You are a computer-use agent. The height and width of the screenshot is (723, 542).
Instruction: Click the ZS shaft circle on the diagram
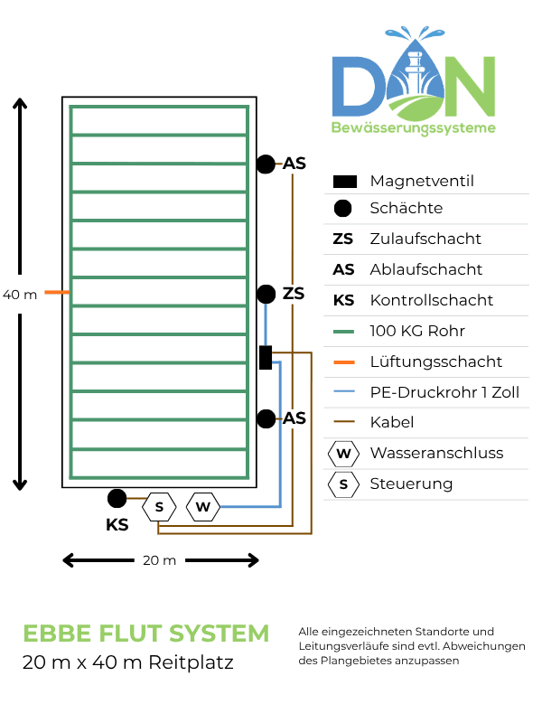[x=266, y=295]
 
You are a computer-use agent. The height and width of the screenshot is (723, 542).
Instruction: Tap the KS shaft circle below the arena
[x=117, y=499]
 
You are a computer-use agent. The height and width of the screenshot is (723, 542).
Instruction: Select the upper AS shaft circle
[x=266, y=164]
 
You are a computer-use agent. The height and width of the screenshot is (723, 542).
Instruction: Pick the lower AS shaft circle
[x=266, y=418]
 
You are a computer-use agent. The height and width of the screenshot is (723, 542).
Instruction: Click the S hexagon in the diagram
[x=159, y=507]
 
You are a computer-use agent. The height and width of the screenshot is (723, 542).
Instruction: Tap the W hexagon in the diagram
[x=202, y=507]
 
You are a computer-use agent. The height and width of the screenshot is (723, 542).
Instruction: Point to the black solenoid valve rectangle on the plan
[x=266, y=357]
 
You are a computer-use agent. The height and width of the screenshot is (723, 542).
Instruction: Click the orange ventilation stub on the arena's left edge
[x=57, y=292]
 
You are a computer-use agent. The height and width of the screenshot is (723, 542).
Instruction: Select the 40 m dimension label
[x=20, y=295]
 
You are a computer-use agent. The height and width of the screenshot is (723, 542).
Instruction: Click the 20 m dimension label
[x=160, y=560]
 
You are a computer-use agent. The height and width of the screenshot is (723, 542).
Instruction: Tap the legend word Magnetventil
[x=422, y=182]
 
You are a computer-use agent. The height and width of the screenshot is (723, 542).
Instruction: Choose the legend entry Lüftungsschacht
[x=436, y=362]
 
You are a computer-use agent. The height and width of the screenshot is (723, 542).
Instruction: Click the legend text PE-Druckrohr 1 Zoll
[x=444, y=392]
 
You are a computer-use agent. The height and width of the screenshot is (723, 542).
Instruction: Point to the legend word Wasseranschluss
[x=436, y=454]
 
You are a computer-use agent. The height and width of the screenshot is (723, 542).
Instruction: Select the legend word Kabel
[x=392, y=422]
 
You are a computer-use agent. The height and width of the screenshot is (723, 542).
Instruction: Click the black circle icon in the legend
[x=342, y=209]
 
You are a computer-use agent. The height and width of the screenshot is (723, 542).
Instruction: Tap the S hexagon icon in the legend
[x=343, y=484]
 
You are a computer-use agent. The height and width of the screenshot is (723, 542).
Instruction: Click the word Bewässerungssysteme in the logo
[x=414, y=127]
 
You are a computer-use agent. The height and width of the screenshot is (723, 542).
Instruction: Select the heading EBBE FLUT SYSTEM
[x=146, y=634]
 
